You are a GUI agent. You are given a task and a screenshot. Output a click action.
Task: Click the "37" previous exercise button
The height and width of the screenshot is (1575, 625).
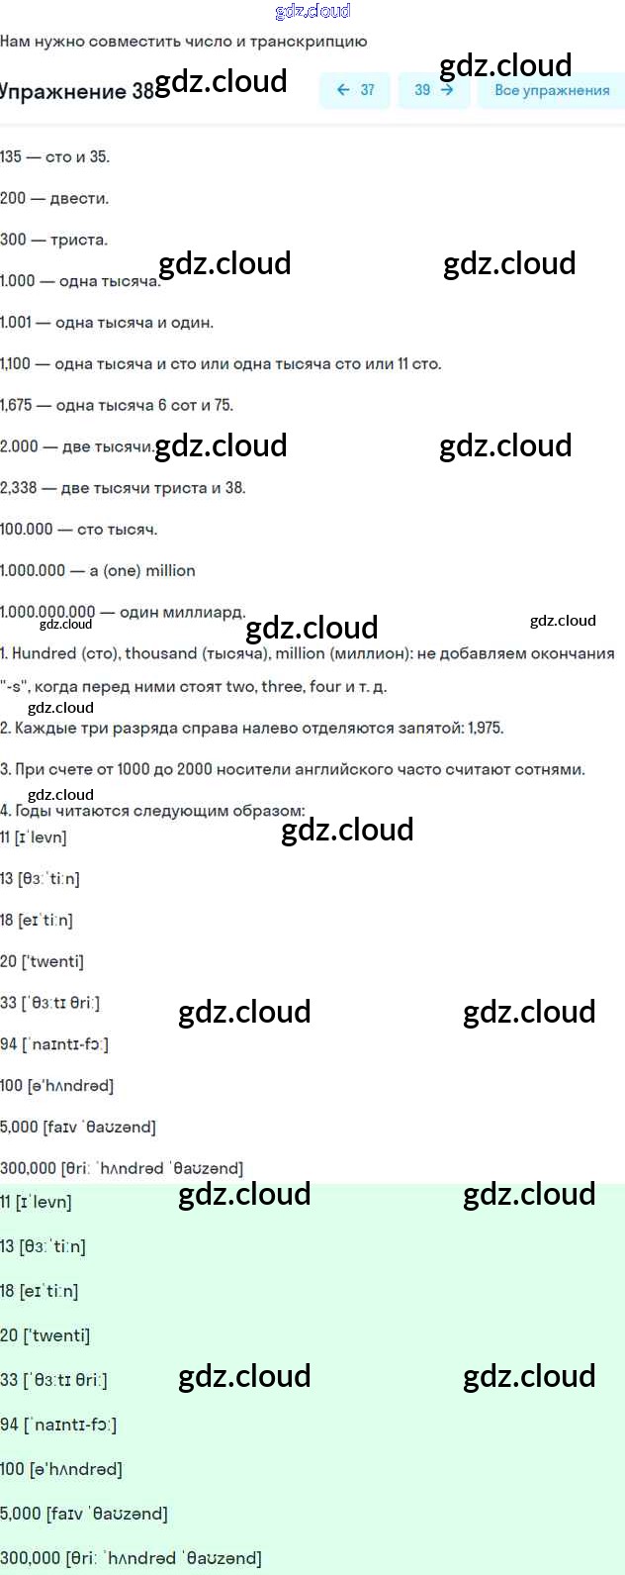[354, 90]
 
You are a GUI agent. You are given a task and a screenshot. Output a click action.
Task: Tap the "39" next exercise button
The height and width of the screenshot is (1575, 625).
[433, 90]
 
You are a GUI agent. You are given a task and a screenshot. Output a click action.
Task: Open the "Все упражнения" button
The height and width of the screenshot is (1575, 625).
[551, 90]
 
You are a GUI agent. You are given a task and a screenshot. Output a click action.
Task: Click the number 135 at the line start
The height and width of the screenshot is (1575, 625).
[11, 156]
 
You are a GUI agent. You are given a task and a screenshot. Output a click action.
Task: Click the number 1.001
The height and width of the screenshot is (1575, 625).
[16, 323]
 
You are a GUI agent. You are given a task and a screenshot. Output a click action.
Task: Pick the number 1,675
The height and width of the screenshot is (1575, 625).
[16, 405]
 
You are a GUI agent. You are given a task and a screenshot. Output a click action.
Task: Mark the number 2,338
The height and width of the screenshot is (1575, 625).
[18, 488]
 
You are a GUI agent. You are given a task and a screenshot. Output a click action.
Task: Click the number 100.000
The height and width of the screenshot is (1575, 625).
[27, 530]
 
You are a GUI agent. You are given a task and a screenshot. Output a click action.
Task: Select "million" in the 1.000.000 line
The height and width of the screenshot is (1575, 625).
[171, 571]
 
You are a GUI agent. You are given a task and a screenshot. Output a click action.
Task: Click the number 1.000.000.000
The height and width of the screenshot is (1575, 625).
[47, 612]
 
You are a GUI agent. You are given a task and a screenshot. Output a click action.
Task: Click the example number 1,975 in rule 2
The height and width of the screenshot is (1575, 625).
[485, 728]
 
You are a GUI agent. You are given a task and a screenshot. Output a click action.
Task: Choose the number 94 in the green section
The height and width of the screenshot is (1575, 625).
[9, 1425]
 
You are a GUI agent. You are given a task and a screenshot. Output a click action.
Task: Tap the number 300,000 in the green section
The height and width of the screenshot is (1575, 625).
[30, 1558]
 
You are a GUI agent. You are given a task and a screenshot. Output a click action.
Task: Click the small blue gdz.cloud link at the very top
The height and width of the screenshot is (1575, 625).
[312, 11]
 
